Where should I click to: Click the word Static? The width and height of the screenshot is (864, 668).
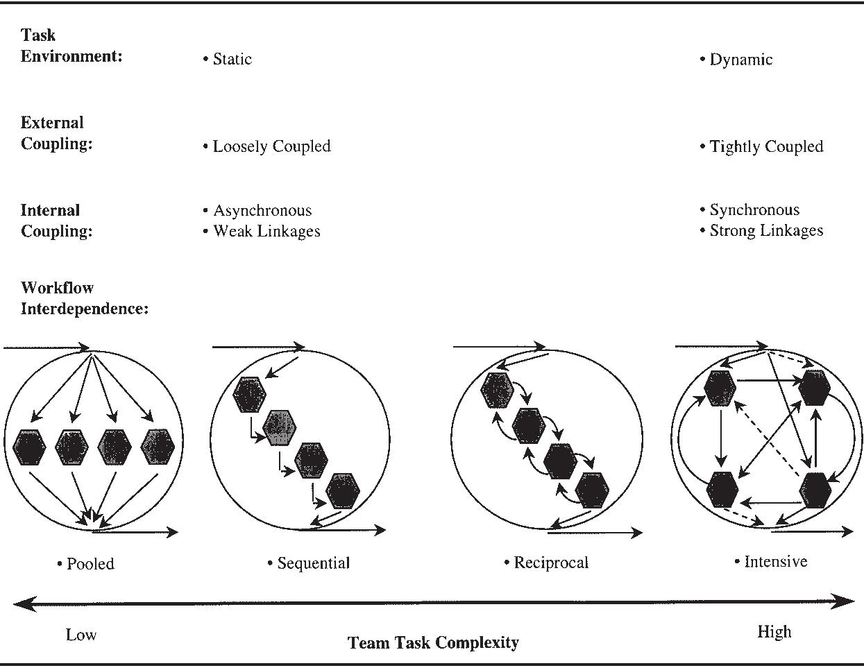coord(232,59)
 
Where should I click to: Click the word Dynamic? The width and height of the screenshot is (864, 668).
coord(740,60)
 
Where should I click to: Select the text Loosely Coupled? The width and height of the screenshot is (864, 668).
coord(271,146)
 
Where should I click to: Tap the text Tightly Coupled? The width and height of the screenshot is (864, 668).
coord(766,146)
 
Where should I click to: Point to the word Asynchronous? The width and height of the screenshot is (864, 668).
coord(262,210)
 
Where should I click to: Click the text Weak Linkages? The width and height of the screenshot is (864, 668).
coord(266,231)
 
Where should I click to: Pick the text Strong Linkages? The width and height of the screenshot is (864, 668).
coord(766,230)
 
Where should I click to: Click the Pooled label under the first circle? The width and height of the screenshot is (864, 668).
coord(90,564)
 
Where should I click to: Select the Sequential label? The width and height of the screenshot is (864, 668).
coord(313,563)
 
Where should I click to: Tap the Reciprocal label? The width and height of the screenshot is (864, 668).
coord(551,563)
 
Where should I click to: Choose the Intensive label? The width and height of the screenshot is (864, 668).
coord(775,561)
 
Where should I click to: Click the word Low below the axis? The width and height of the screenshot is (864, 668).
coord(81,635)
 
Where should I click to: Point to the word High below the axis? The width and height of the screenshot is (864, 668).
coord(774,632)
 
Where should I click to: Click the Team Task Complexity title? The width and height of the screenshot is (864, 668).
coord(433,643)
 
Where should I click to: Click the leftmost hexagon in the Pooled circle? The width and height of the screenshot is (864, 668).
coord(29,447)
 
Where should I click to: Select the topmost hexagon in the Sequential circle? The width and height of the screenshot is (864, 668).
coord(249,395)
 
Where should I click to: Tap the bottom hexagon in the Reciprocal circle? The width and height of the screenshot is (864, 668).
coord(592,490)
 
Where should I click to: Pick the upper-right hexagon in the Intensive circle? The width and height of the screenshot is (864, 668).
coord(814,388)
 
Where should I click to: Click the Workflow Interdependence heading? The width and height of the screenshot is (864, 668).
coord(85,298)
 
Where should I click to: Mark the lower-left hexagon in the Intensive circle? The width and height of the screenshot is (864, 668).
coord(722,489)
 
